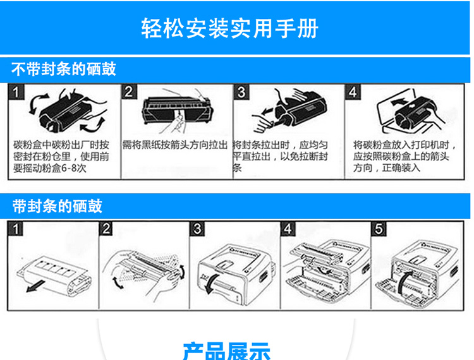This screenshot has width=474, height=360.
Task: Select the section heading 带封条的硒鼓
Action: (57, 206)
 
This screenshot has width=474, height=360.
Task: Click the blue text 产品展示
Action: (226, 350)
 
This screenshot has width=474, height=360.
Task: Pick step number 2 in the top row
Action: (130, 92)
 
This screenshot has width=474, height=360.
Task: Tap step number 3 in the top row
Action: (241, 92)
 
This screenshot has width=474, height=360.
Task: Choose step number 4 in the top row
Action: (353, 92)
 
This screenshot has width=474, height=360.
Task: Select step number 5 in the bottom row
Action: (379, 229)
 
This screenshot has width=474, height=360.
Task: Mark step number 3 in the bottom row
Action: (198, 229)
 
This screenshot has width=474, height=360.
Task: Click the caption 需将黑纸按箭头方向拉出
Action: (175, 145)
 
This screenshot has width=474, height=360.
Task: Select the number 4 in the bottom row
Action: (288, 229)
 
